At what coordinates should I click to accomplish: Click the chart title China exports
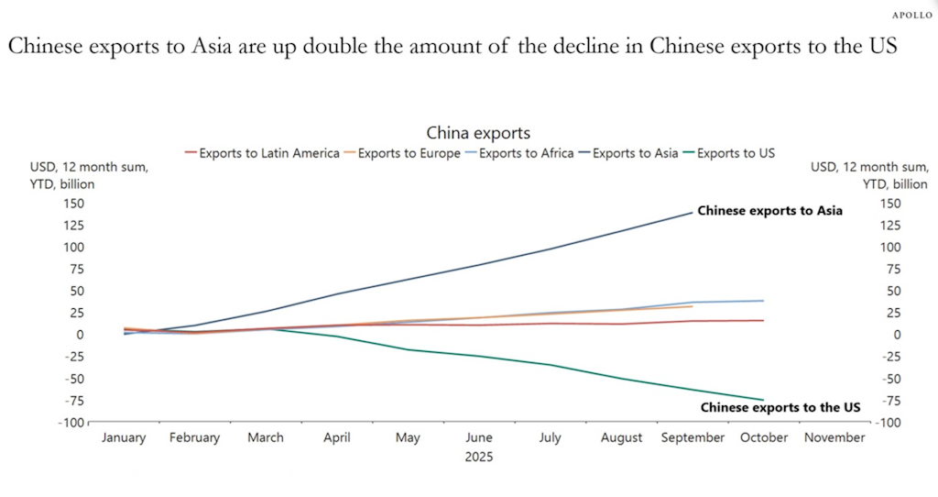[477, 134]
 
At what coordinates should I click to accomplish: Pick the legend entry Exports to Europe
[409, 153]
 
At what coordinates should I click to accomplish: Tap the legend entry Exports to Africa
[527, 153]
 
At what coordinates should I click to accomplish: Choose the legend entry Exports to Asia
[634, 153]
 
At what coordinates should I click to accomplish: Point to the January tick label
[124, 437]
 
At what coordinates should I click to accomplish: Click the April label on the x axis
[337, 437]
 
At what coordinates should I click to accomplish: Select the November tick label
[834, 437]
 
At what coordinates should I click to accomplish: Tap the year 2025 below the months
[477, 456]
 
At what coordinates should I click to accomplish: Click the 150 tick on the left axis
[74, 204]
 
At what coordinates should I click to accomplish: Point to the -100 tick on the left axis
[72, 422]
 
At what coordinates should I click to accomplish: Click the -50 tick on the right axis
[889, 378]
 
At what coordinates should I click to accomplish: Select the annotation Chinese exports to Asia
[769, 211]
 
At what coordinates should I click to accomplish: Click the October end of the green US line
[764, 400]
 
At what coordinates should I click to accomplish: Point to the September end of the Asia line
[693, 213]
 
